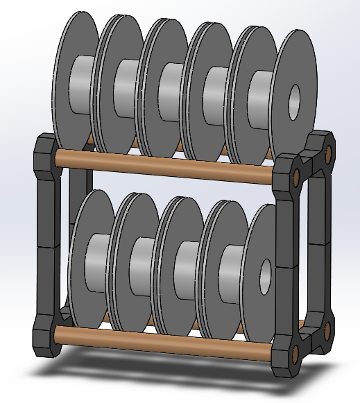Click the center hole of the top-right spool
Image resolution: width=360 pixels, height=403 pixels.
click(293, 96)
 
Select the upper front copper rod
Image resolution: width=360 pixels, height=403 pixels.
click(166, 164)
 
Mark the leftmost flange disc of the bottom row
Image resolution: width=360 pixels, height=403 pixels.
click(81, 257)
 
